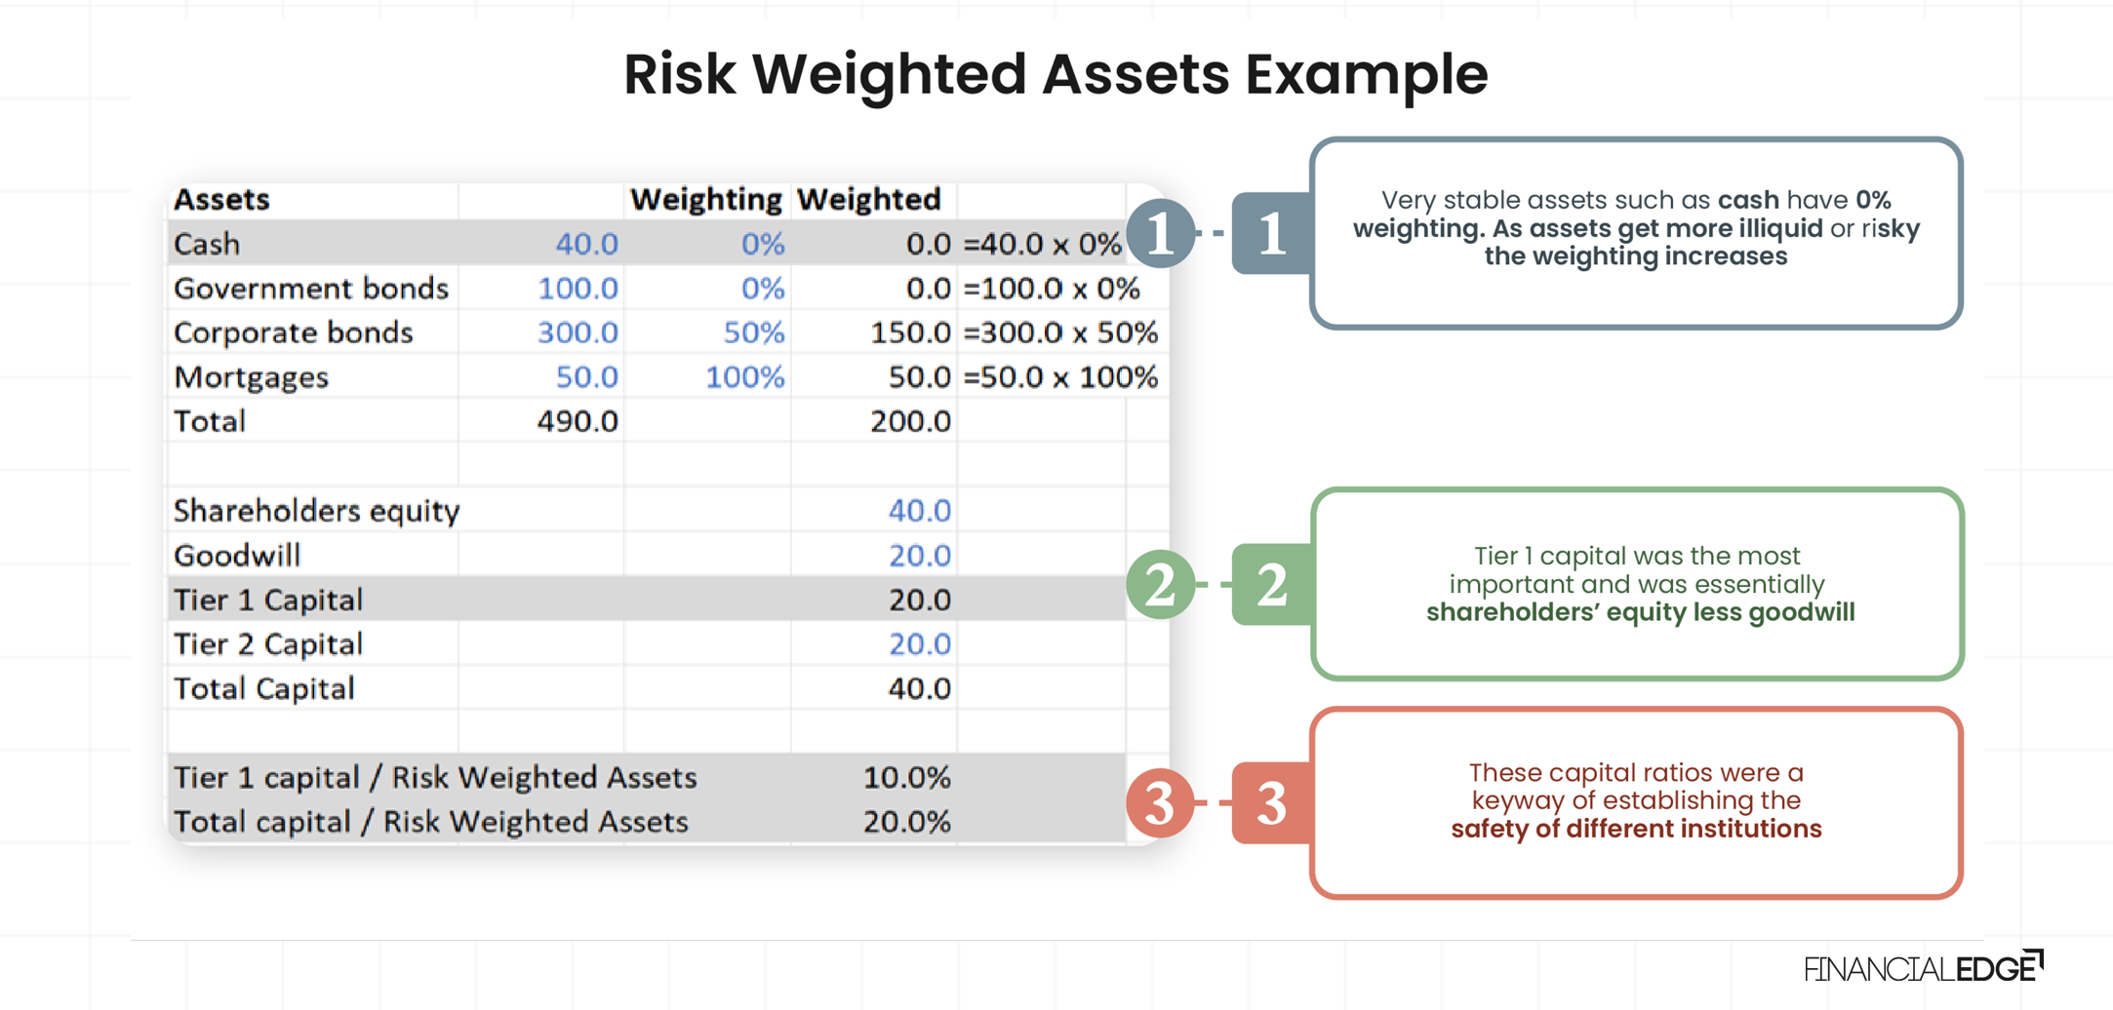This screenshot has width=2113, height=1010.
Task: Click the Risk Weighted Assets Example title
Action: click(1056, 74)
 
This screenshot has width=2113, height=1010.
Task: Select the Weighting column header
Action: click(706, 200)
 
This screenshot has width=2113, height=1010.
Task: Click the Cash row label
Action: click(207, 244)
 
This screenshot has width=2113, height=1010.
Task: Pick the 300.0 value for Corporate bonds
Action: click(578, 332)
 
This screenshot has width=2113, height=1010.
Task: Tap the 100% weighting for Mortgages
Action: click(745, 377)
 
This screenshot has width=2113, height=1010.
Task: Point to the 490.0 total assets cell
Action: click(578, 421)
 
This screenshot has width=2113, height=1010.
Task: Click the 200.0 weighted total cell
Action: click(910, 421)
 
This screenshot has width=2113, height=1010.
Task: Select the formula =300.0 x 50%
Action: click(1060, 332)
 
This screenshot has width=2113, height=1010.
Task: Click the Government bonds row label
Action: click(311, 289)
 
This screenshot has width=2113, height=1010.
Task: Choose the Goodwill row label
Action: click(237, 556)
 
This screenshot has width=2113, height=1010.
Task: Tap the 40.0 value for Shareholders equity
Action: click(919, 511)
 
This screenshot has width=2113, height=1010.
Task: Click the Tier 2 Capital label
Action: click(268, 644)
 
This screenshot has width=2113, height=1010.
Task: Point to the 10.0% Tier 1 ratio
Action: click(906, 778)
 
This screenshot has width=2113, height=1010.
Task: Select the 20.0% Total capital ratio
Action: click(906, 822)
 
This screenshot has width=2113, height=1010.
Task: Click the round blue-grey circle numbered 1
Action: click(1161, 233)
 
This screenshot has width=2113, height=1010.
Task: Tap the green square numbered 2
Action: click(1272, 585)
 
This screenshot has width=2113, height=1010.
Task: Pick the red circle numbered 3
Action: click(1161, 802)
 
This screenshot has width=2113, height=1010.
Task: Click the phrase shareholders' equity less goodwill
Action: click(1640, 613)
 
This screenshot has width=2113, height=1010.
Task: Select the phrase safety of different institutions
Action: click(1636, 830)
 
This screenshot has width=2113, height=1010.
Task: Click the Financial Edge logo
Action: click(1923, 967)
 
